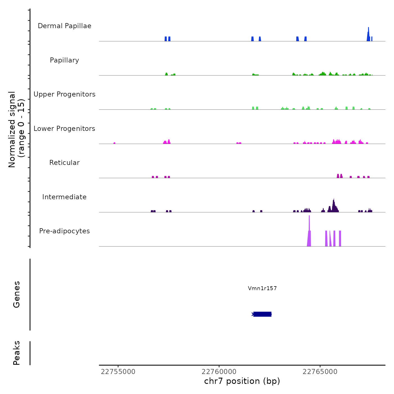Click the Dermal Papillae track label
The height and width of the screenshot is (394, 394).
pyautogui.click(x=64, y=26)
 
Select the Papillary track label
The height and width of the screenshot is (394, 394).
pyautogui.click(x=64, y=60)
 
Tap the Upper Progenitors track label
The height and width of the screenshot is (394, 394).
pyautogui.click(x=64, y=94)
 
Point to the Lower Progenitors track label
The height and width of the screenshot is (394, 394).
pyautogui.click(x=64, y=129)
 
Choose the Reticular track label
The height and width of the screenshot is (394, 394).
pyautogui.click(x=64, y=163)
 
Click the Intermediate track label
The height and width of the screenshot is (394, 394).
pyautogui.click(x=64, y=197)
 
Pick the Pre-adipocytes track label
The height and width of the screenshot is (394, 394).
pyautogui.click(x=64, y=231)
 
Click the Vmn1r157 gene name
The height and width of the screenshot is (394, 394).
pyautogui.click(x=262, y=288)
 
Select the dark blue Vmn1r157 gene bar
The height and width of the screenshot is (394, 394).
pyautogui.click(x=262, y=314)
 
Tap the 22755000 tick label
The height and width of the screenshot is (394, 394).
pyautogui.click(x=118, y=372)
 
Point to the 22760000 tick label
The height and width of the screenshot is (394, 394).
pyautogui.click(x=219, y=372)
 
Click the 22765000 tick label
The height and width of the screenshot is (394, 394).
pyautogui.click(x=320, y=372)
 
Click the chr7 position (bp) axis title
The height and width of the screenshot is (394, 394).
pyautogui.click(x=242, y=381)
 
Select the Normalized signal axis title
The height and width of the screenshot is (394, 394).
pyautogui.click(x=16, y=129)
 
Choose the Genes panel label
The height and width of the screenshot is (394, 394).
pyautogui.click(x=17, y=294)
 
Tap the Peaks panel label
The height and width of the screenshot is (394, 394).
pyautogui.click(x=17, y=353)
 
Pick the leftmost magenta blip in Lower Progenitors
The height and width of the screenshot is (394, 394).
pyautogui.click(x=114, y=143)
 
